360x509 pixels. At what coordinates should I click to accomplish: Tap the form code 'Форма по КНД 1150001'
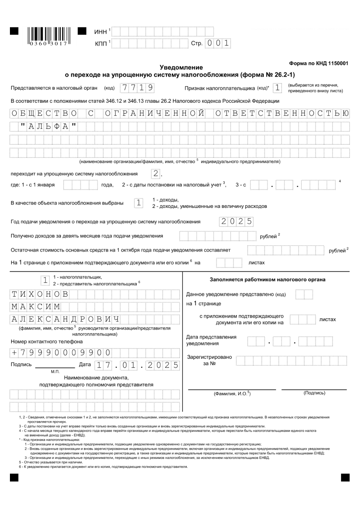click(318, 64)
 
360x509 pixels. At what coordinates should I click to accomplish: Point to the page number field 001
click(218, 43)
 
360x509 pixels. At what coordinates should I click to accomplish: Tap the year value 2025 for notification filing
click(235, 221)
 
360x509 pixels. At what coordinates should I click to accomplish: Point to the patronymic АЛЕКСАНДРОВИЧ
click(65, 320)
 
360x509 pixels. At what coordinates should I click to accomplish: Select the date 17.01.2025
click(135, 365)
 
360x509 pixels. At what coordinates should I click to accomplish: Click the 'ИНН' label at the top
click(100, 32)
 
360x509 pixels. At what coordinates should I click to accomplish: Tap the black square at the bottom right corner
click(346, 477)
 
